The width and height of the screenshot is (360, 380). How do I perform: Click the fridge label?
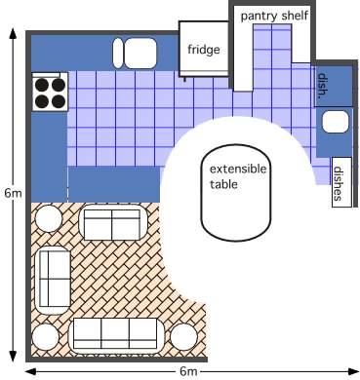[204, 50]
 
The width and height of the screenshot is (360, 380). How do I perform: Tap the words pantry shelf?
[274, 16]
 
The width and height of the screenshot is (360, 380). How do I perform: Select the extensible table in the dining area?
[236, 193]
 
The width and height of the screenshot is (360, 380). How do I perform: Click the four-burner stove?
[50, 92]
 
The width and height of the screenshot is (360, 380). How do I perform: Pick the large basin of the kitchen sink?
[140, 54]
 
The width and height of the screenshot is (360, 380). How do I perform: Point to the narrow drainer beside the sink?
[118, 54]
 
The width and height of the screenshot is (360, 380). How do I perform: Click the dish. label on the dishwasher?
[322, 86]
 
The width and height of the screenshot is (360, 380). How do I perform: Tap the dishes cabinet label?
[339, 183]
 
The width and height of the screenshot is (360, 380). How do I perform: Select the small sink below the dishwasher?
[335, 122]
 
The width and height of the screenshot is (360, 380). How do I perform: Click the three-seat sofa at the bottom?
[115, 335]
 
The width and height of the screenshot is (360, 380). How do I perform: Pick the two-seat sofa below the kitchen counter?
[113, 223]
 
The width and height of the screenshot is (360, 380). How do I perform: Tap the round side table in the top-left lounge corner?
[49, 218]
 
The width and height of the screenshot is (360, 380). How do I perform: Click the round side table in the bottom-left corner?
[46, 337]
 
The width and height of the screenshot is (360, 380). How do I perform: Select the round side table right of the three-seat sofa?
[183, 337]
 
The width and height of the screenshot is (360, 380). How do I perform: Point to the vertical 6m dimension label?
[13, 193]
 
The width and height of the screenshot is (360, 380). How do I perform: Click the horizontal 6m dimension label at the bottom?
[188, 371]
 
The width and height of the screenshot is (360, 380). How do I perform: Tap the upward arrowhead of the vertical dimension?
[13, 34]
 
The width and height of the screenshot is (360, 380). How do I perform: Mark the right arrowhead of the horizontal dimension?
[353, 371]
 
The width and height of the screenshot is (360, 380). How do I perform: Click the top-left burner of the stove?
[42, 85]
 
